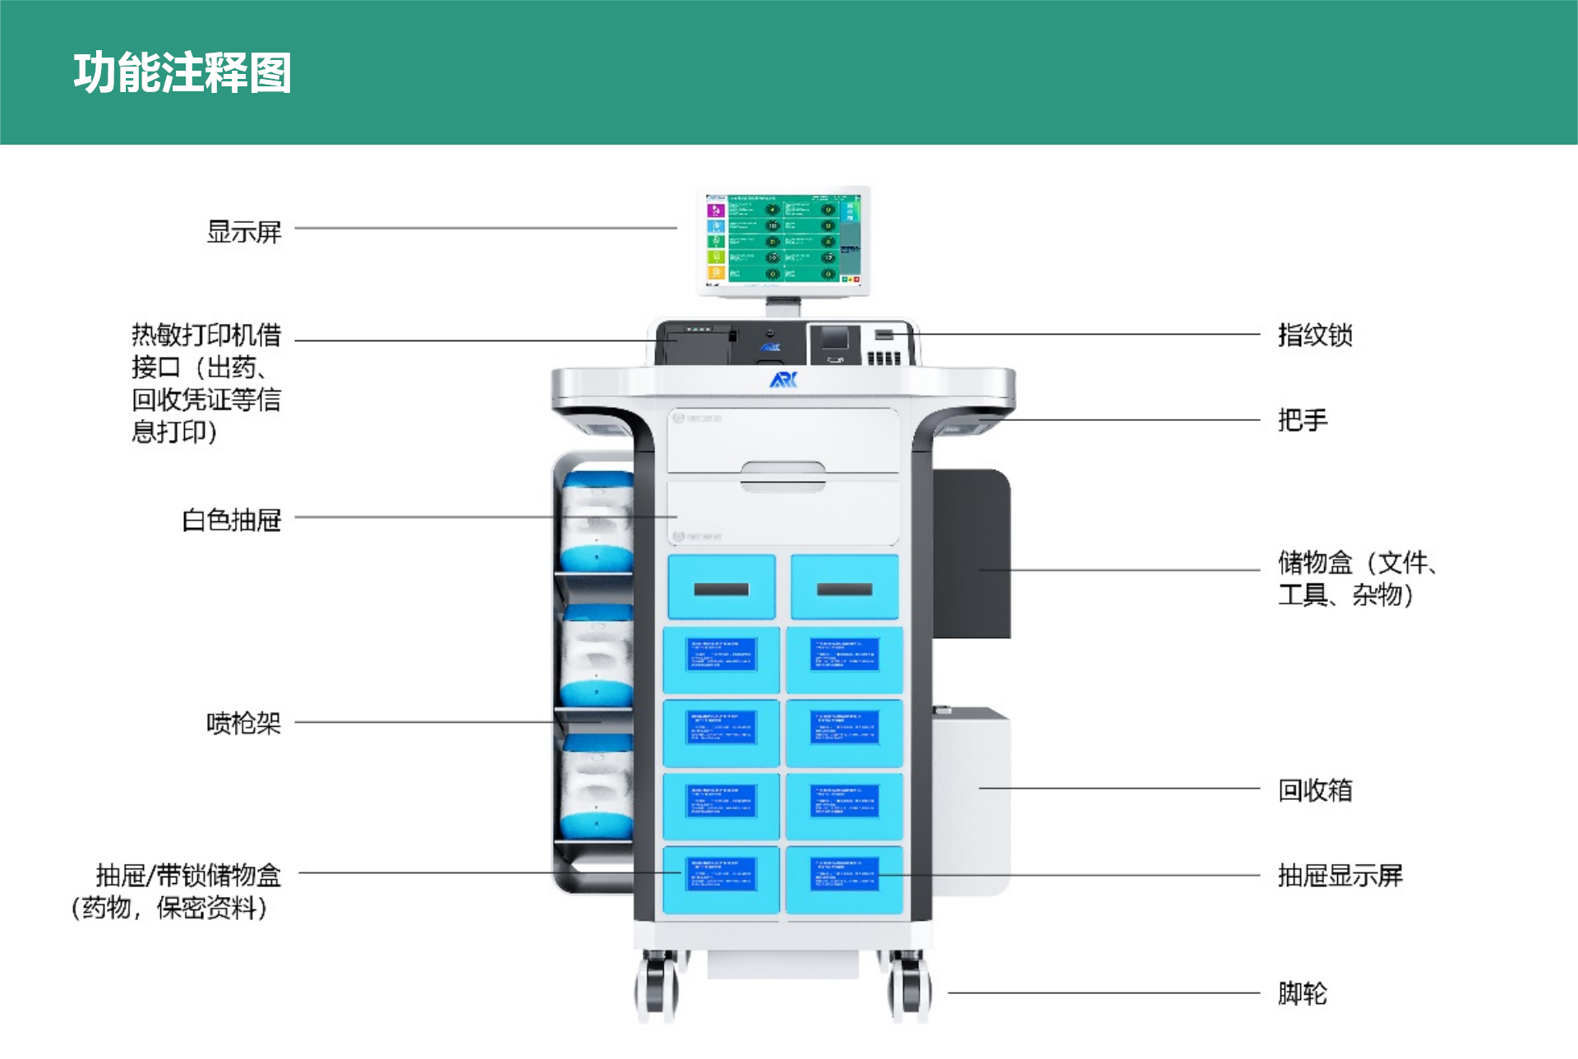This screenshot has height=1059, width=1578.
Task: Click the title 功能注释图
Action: (182, 72)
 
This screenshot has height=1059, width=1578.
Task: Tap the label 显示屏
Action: (243, 232)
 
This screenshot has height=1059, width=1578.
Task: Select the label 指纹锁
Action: (1314, 335)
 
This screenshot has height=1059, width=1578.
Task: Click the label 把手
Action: (1302, 420)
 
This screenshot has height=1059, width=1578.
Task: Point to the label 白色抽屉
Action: (231, 520)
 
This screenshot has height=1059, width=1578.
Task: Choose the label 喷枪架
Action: (243, 723)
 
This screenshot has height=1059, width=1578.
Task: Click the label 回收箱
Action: (1314, 790)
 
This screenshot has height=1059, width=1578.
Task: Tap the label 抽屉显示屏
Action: (1340, 876)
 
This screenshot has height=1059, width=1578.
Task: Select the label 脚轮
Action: (1302, 993)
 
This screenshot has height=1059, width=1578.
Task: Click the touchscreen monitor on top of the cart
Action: (782, 239)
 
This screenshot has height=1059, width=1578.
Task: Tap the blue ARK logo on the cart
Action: (783, 380)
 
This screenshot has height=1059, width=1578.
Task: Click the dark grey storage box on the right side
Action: (971, 553)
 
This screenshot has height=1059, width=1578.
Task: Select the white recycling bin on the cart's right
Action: (971, 798)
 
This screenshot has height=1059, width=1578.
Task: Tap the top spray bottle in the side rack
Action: (598, 522)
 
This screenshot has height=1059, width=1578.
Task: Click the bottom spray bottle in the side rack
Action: (598, 787)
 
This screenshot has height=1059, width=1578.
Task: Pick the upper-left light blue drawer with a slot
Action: (721, 587)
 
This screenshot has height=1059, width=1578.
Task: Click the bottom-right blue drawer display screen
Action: (844, 875)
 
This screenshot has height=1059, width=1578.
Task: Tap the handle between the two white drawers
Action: (782, 476)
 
